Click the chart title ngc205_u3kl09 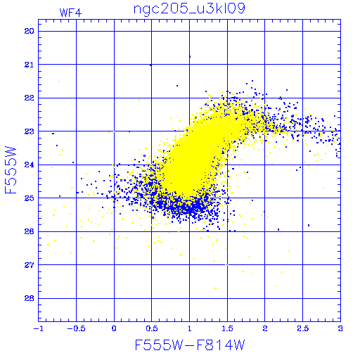coord(189,9)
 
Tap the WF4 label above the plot coord(70,13)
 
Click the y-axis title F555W coord(11,170)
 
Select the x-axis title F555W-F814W coord(190,345)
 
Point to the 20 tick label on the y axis coord(29,31)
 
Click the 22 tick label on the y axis coord(29,98)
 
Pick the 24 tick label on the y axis coord(29,165)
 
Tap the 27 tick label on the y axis coord(29,265)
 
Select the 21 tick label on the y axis coord(29,65)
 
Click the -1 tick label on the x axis coord(39,328)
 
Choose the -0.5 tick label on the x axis coord(76,328)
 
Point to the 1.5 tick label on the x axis coord(227,328)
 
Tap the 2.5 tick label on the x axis coord(302,328)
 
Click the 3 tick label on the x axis coord(340,328)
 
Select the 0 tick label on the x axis coord(114,328)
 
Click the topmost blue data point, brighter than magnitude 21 coord(190,56)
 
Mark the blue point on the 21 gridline coord(150,65)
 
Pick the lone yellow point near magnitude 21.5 coord(59,82)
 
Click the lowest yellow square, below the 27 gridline coord(215,289)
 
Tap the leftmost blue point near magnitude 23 coord(53,134)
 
